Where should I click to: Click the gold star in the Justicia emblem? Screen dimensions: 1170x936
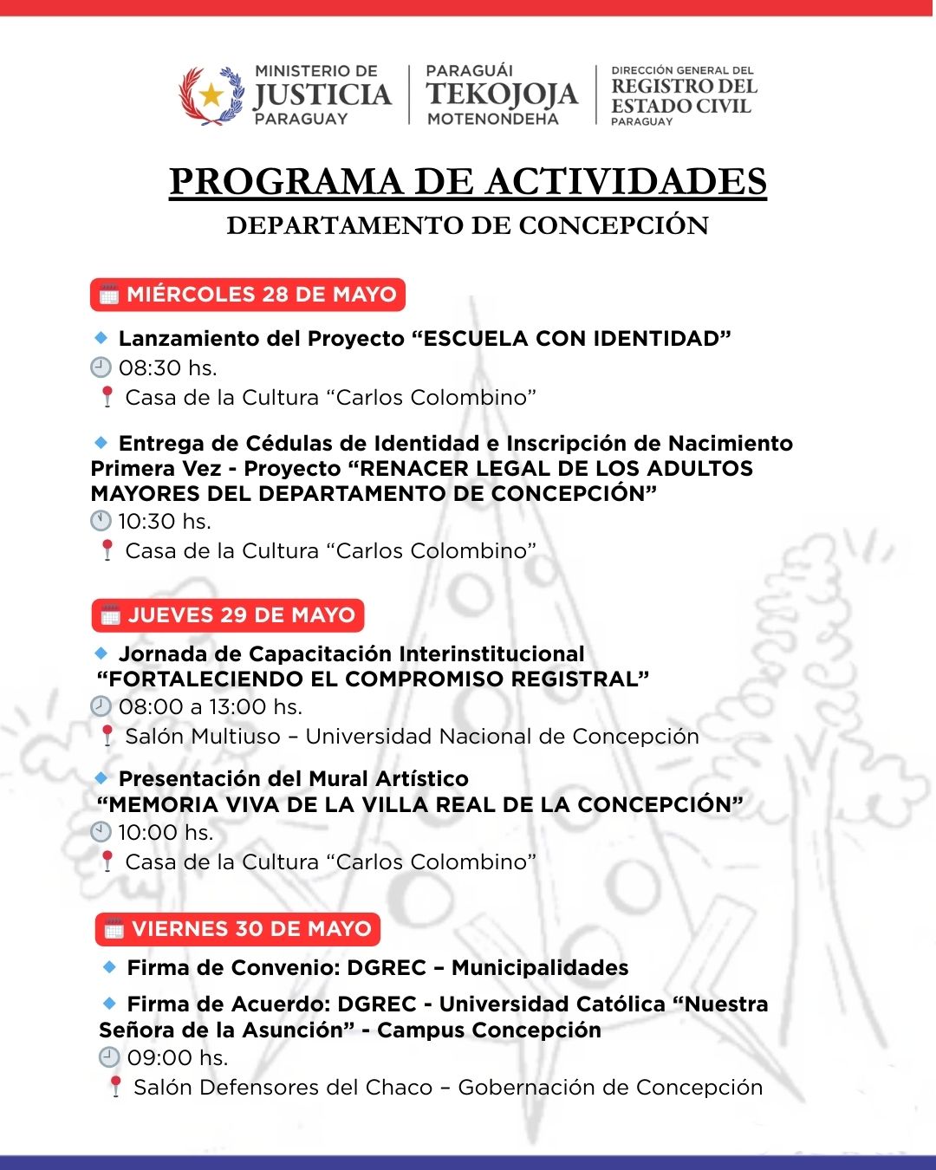(x=211, y=95)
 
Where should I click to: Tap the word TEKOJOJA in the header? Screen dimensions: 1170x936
(x=502, y=94)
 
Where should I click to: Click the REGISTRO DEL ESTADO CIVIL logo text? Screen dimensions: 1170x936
(x=683, y=95)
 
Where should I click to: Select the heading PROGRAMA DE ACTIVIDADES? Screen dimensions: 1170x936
(x=468, y=182)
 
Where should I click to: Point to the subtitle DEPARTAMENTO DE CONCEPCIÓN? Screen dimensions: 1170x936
(x=468, y=225)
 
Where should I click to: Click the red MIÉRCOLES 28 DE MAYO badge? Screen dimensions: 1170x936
(x=248, y=295)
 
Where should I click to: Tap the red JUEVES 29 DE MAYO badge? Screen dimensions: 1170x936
(x=228, y=615)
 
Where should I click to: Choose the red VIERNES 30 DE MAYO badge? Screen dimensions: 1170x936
(x=237, y=929)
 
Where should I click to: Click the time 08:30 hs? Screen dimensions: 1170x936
(x=167, y=368)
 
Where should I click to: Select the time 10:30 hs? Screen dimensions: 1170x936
(x=165, y=522)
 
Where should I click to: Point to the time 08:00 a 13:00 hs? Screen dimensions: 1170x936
(x=210, y=707)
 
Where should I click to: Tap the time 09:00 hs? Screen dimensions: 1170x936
(x=177, y=1058)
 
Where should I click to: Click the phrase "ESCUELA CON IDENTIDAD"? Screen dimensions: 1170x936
(x=571, y=339)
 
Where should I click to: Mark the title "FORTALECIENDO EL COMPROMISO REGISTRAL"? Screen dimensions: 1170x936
(x=373, y=679)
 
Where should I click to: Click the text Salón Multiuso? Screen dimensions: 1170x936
(x=203, y=737)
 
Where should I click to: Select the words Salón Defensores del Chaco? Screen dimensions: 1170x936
(x=283, y=1088)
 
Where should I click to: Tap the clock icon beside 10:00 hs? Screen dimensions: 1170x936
(x=101, y=832)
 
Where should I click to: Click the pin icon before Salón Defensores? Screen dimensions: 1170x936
(x=114, y=1087)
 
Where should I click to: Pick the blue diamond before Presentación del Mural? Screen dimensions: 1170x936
(x=101, y=777)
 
